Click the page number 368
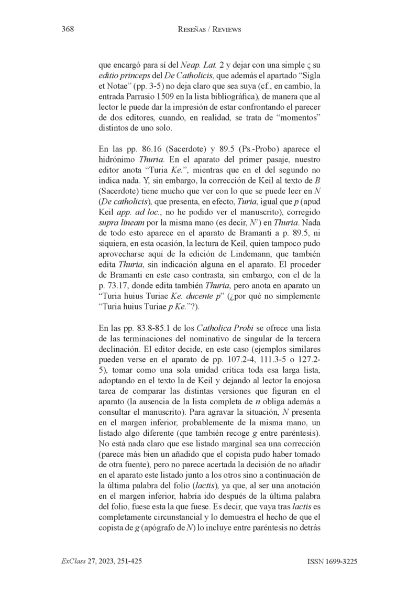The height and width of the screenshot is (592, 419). pyautogui.click(x=67, y=30)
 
